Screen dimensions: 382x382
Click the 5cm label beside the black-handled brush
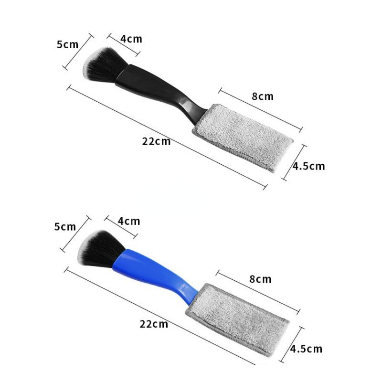point(67,44)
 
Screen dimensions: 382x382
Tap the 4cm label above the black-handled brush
point(131,39)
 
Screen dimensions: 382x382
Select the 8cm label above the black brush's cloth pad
point(263,96)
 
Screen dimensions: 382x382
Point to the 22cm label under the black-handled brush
point(157,141)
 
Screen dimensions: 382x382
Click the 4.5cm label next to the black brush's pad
point(308,166)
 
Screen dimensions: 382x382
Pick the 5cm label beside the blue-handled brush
point(65,227)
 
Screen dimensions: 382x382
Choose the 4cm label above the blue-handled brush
point(129,221)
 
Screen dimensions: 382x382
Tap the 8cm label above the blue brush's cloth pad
point(260,279)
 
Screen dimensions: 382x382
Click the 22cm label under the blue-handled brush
point(154,324)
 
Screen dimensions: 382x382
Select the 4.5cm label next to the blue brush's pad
point(306,349)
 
